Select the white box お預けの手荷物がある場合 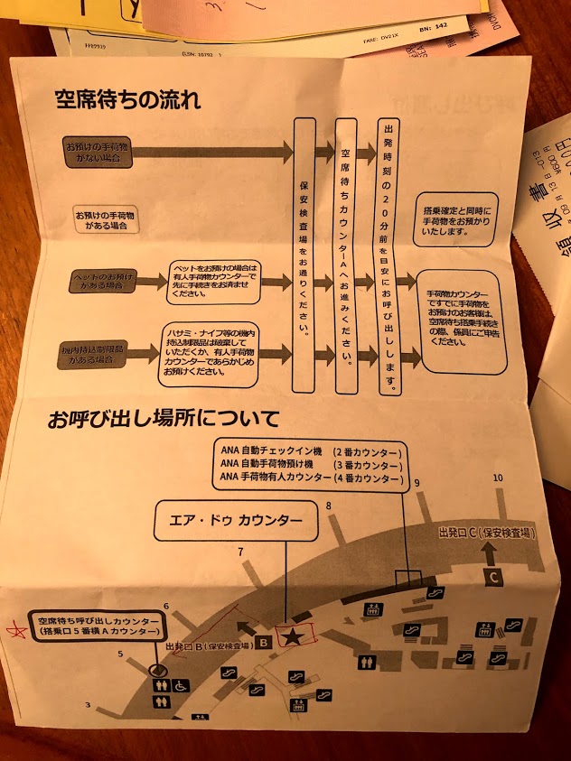click(108, 218)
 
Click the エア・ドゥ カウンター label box click(237, 522)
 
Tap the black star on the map click(292, 637)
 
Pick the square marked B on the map click(262, 643)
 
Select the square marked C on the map click(494, 576)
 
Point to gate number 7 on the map click(240, 552)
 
